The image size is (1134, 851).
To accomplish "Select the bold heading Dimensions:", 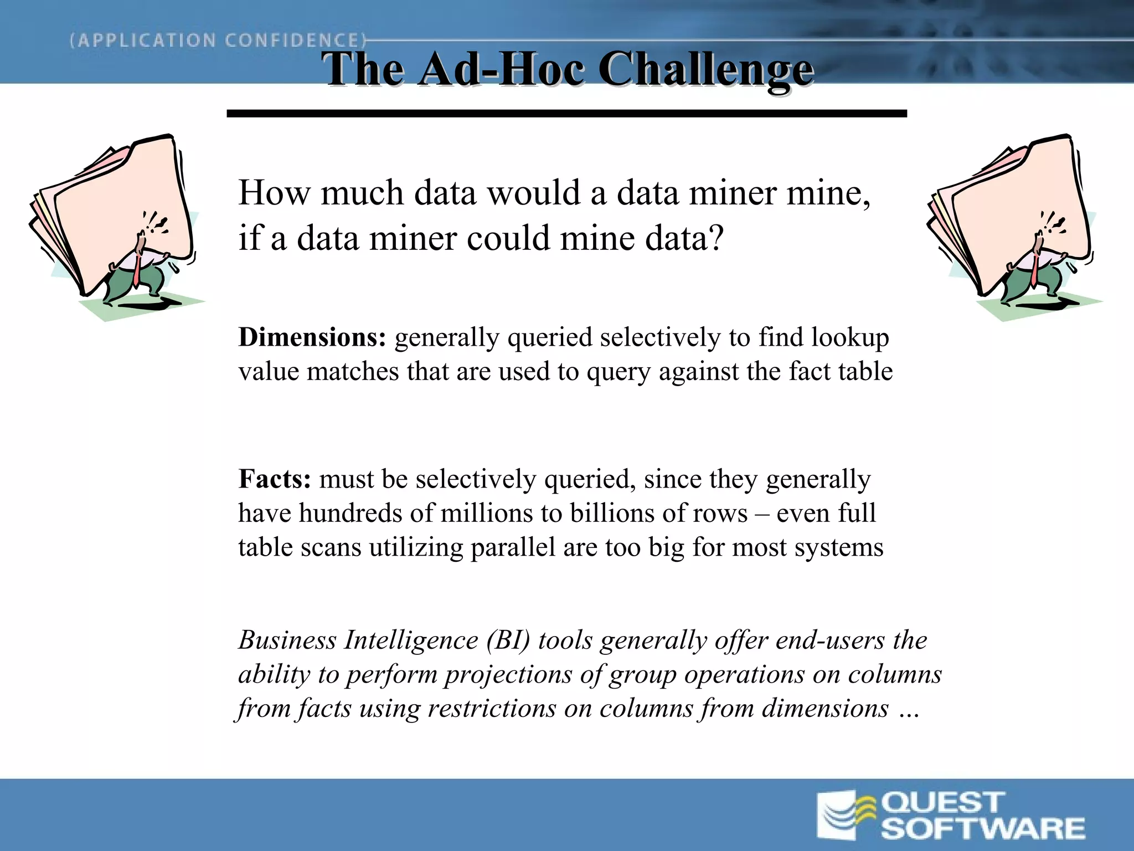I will [312, 337].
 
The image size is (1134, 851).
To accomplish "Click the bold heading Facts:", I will [275, 479].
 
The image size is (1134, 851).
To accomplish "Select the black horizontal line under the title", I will [566, 114].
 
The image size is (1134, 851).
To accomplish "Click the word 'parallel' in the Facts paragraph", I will [513, 547].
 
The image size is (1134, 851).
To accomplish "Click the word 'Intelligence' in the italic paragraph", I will [411, 640].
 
